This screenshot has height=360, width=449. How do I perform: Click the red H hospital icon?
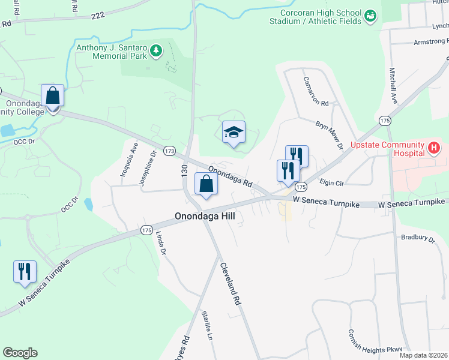point(434,147)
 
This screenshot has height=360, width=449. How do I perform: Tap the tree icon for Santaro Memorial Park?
point(156,50)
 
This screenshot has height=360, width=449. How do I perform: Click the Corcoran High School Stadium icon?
point(370,14)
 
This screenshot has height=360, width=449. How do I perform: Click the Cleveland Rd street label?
point(230,284)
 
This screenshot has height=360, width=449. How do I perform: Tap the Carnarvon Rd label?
point(316,91)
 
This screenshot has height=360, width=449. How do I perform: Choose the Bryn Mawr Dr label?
point(329,135)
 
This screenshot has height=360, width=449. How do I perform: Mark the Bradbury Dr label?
point(418,239)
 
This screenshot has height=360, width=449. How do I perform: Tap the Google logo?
point(20,353)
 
